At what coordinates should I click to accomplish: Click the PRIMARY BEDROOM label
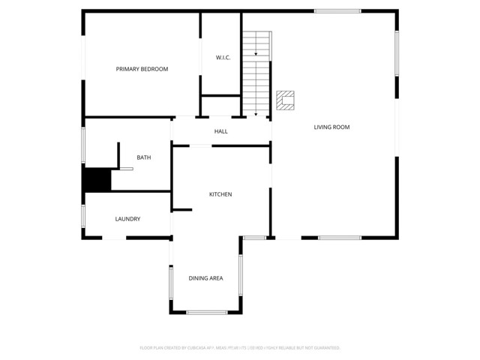pyautogui.click(x=142, y=69)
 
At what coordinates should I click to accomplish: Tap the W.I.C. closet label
pyautogui.click(x=223, y=58)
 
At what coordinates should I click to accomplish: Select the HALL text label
pyautogui.click(x=220, y=132)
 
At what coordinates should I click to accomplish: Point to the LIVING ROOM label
pyautogui.click(x=331, y=127)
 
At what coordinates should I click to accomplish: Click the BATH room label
pyautogui.click(x=143, y=157)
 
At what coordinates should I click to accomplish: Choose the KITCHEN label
pyautogui.click(x=220, y=194)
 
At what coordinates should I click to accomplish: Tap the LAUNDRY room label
pyautogui.click(x=127, y=219)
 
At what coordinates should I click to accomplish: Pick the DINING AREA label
pyautogui.click(x=205, y=278)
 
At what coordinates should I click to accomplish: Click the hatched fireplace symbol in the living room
pyautogui.click(x=285, y=100)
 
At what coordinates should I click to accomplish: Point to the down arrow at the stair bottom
pyautogui.click(x=256, y=113)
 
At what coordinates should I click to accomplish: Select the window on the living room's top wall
pyautogui.click(x=337, y=10)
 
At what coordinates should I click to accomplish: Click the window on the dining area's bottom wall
pyautogui.click(x=206, y=312)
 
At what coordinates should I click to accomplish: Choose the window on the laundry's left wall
pyautogui.click(x=83, y=215)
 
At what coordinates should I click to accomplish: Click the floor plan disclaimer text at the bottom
pyautogui.click(x=240, y=348)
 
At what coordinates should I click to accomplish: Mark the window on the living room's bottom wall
pyautogui.click(x=340, y=238)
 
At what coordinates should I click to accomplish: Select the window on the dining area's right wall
pyautogui.click(x=241, y=275)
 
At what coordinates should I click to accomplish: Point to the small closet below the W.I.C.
pyautogui.click(x=220, y=106)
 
